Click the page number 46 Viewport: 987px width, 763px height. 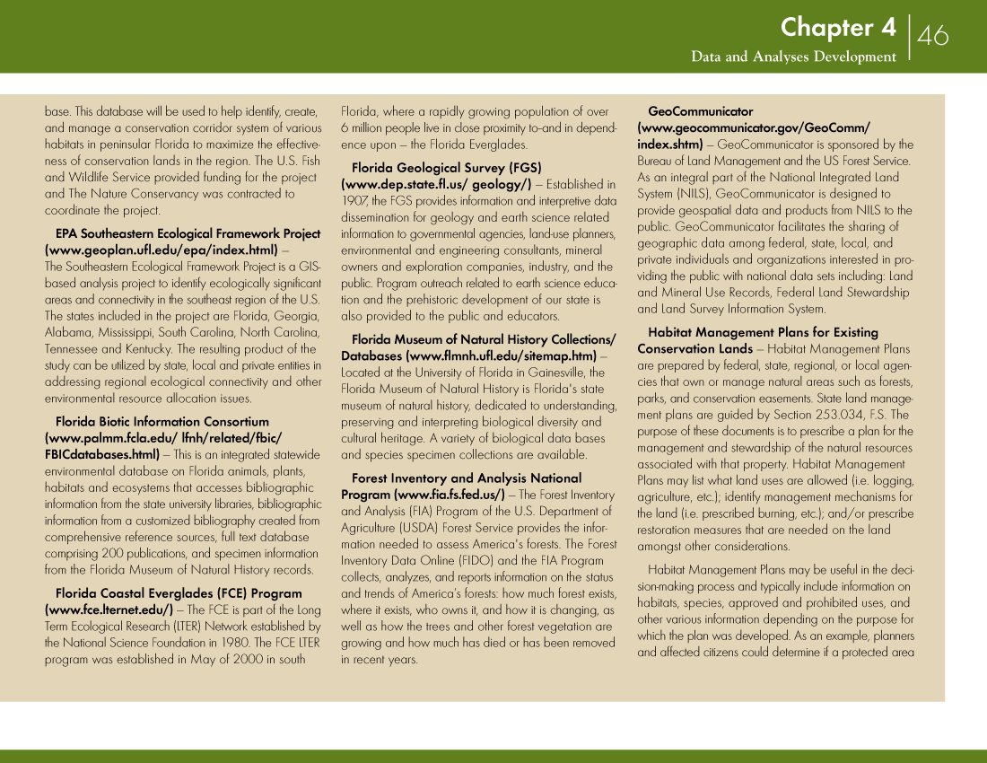click(x=933, y=36)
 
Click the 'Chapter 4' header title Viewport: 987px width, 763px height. click(x=837, y=28)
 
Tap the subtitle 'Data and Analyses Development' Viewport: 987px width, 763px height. click(x=793, y=57)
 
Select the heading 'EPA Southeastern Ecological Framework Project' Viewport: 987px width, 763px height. click(x=188, y=233)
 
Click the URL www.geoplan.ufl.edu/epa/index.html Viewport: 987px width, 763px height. click(x=162, y=250)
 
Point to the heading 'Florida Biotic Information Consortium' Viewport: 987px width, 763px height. click(x=162, y=421)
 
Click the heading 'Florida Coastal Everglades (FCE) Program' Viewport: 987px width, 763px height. click(x=179, y=593)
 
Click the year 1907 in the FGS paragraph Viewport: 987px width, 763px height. click(x=354, y=201)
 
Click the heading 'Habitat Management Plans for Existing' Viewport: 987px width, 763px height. click(x=763, y=332)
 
